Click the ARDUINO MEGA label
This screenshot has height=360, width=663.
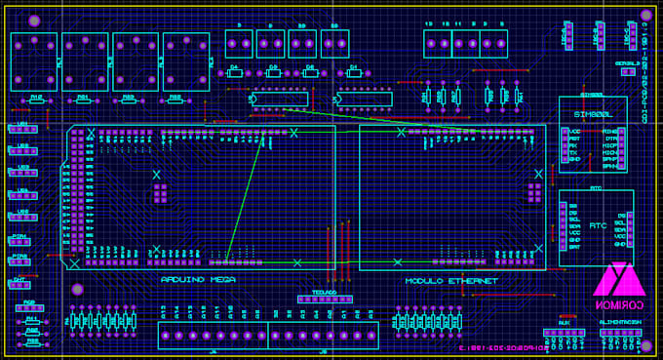tap(198, 280)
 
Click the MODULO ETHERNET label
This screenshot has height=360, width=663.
tap(451, 281)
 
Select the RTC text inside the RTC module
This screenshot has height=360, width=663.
tap(598, 224)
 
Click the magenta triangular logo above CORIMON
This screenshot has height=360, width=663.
tap(620, 279)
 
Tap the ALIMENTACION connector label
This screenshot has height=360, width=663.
tap(619, 322)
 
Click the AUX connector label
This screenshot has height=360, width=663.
tap(564, 322)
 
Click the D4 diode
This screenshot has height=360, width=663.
tap(234, 70)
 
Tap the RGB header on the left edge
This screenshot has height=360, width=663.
tap(29, 308)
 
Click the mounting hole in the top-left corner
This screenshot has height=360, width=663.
tap(34, 20)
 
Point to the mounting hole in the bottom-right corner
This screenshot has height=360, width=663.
tap(642, 344)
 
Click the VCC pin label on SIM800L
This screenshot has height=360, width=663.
tap(575, 131)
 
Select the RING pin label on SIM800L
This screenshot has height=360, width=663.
tap(609, 131)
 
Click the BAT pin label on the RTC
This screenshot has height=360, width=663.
tap(574, 247)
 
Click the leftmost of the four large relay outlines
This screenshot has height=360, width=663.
tap(34, 61)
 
